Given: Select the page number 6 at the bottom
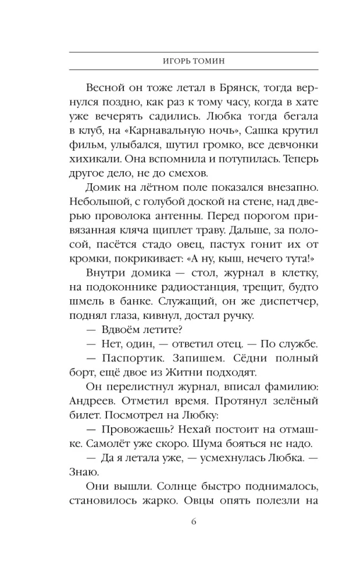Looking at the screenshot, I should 194,521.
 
